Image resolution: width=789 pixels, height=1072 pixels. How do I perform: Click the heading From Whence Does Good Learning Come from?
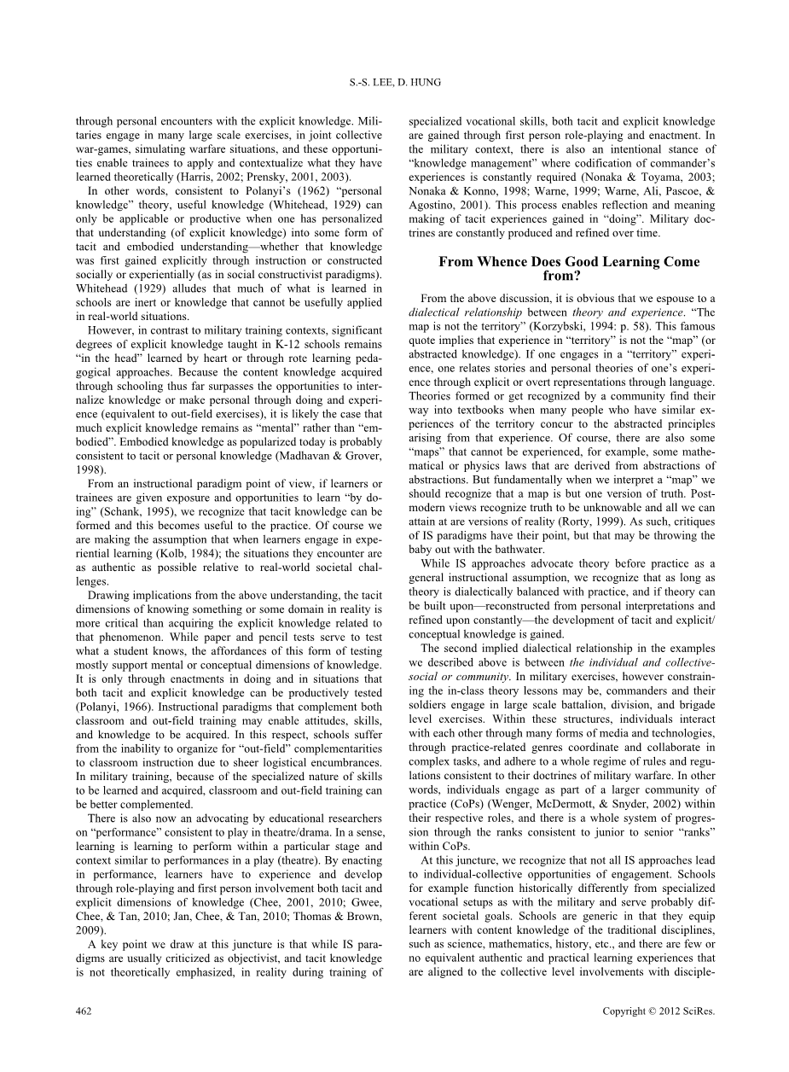[x=569, y=269]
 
